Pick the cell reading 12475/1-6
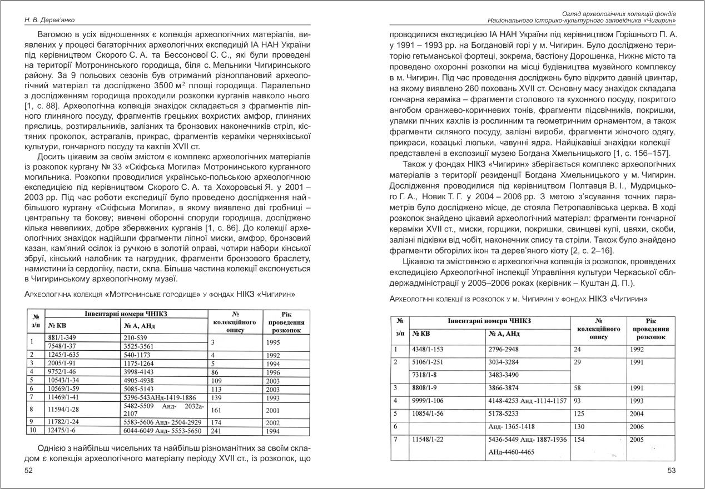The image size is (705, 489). (63, 431)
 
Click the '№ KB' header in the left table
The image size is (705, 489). (59, 325)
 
